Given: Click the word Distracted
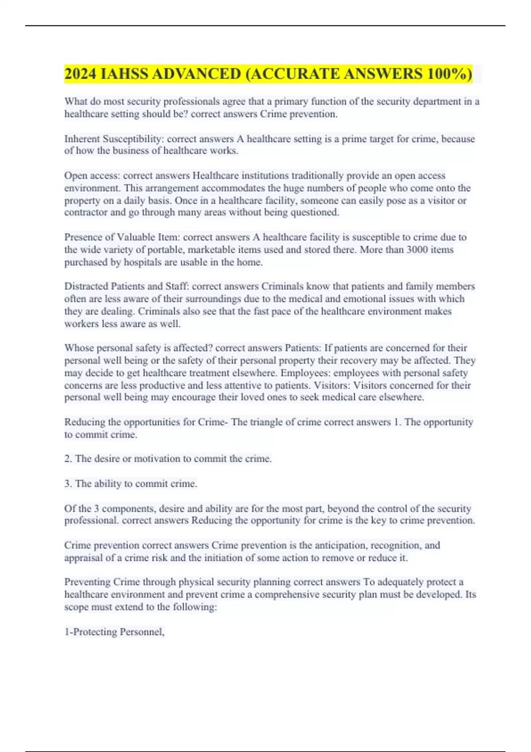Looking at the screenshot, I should [x=86, y=286].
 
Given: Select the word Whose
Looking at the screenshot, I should [x=77, y=348].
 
